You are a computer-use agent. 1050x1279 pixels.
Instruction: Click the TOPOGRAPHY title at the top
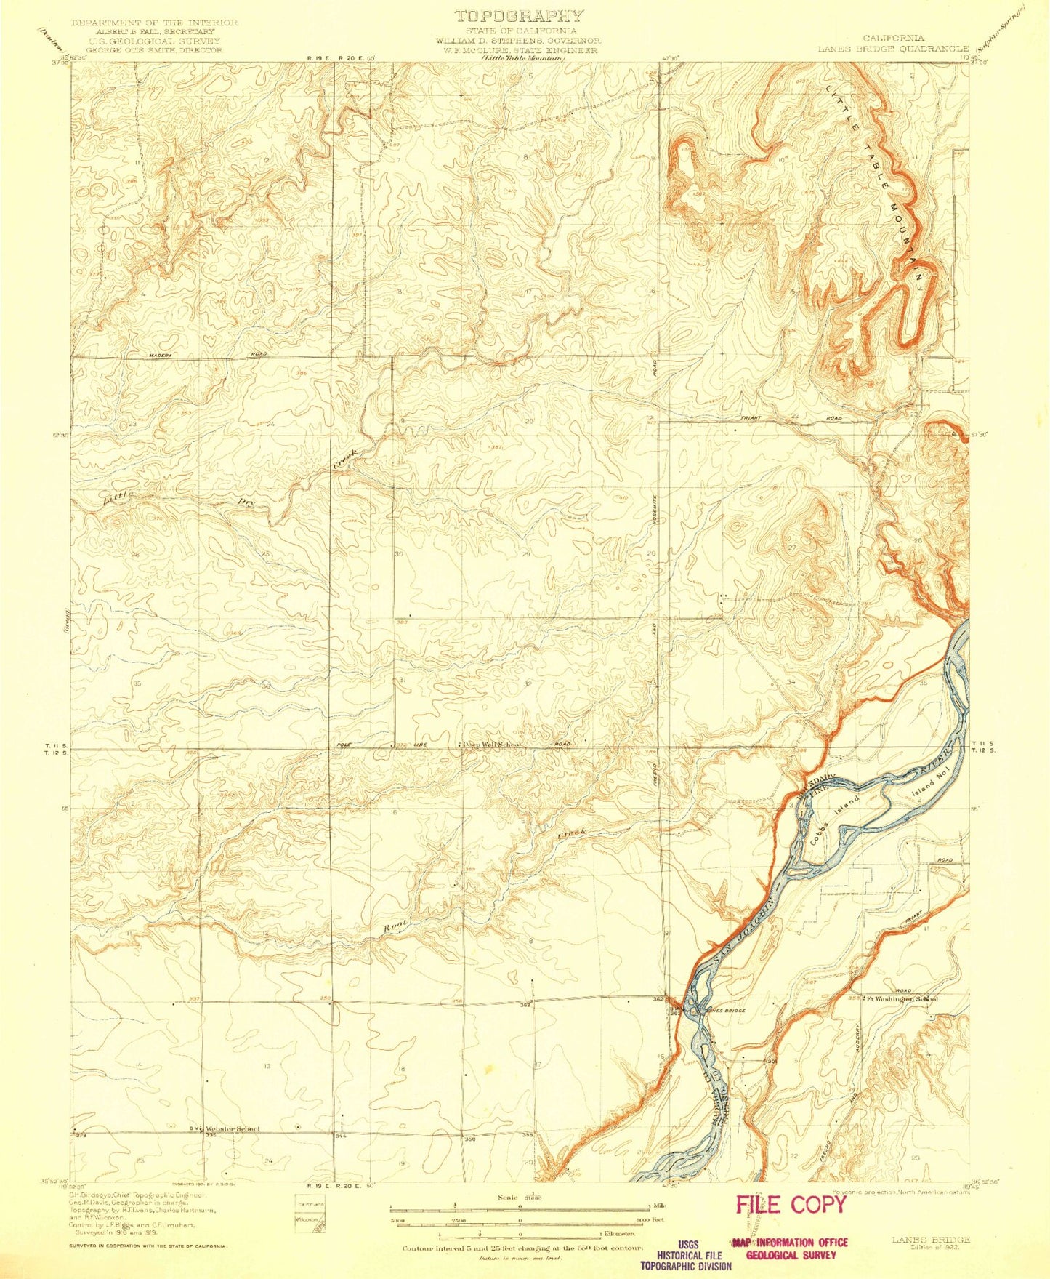pos(519,15)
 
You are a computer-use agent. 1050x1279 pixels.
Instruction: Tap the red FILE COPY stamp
pos(791,1205)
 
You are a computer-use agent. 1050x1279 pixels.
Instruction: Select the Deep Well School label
pos(493,745)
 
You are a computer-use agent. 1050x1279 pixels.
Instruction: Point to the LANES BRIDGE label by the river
pos(722,1011)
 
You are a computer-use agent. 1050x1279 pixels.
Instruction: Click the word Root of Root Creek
pos(396,926)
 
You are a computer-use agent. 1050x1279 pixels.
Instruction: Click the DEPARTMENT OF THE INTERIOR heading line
pos(154,23)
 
